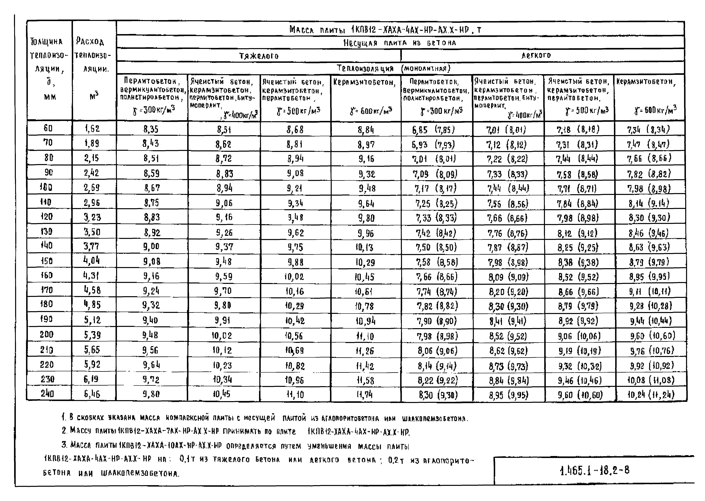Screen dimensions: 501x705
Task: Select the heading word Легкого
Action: (x=536, y=55)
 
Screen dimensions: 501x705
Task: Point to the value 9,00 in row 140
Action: (x=151, y=247)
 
